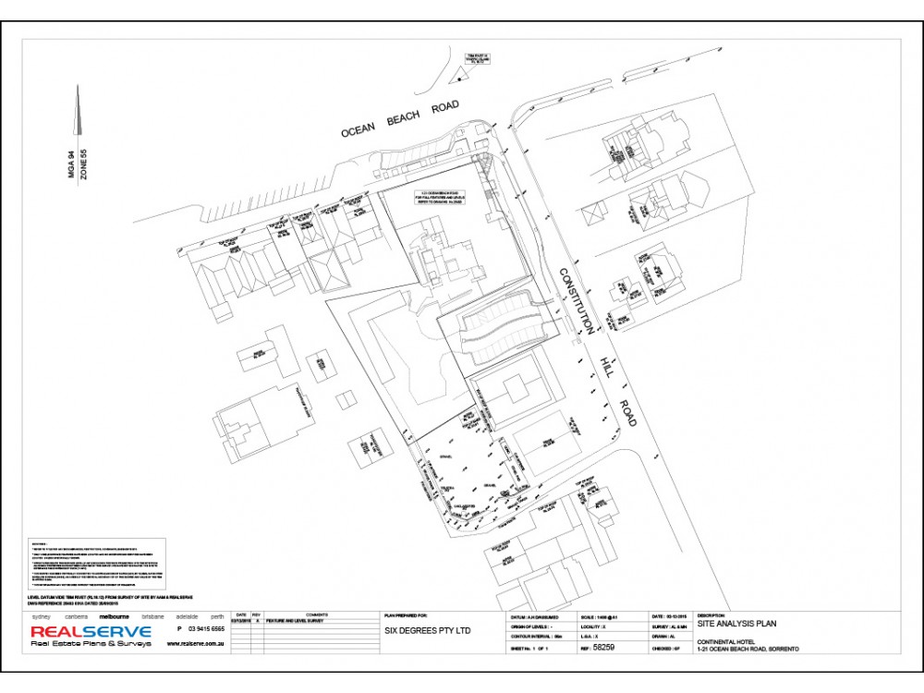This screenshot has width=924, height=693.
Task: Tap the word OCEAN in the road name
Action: pyautogui.click(x=358, y=129)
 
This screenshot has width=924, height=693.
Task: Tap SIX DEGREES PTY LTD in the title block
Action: pyautogui.click(x=428, y=632)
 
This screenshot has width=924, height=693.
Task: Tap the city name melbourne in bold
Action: pyautogui.click(x=115, y=615)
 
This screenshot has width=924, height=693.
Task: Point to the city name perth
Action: pyautogui.click(x=217, y=615)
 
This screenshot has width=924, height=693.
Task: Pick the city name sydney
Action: pyautogui.click(x=41, y=615)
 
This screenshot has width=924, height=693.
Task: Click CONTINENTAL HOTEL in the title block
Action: pyautogui.click(x=731, y=640)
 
